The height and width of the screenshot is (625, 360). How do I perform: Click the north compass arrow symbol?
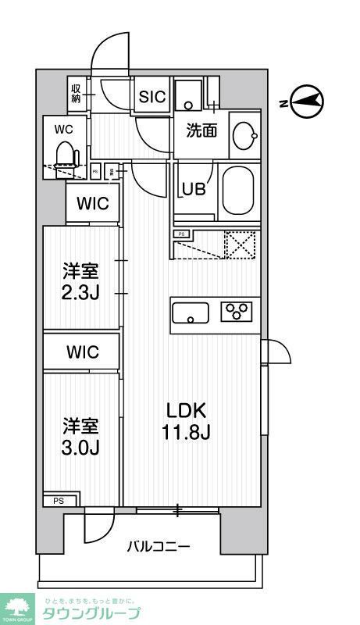click(x=305, y=101)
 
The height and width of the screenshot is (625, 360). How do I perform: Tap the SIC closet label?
click(x=152, y=97)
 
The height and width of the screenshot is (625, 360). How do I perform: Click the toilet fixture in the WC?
click(x=66, y=155)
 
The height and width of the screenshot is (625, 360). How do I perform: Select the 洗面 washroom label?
click(x=201, y=131)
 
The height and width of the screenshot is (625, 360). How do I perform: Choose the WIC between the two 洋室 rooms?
click(x=82, y=352)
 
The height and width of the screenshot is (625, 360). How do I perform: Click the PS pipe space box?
click(x=59, y=501)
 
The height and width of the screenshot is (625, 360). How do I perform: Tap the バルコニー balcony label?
click(x=159, y=547)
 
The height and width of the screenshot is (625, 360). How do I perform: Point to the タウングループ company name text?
click(x=91, y=613)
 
